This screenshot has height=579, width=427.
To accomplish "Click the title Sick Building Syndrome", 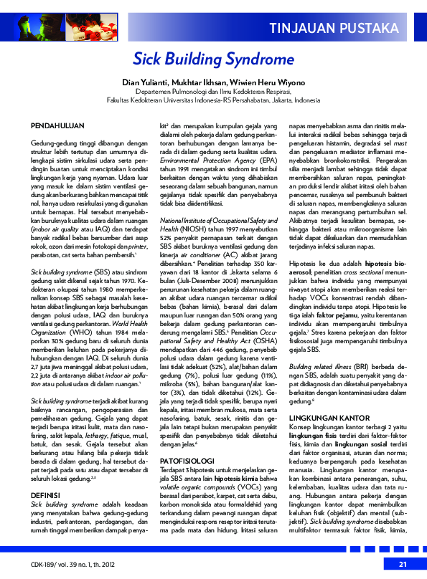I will tap(214, 58).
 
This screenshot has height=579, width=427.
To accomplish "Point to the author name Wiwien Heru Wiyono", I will tap(265, 82).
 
